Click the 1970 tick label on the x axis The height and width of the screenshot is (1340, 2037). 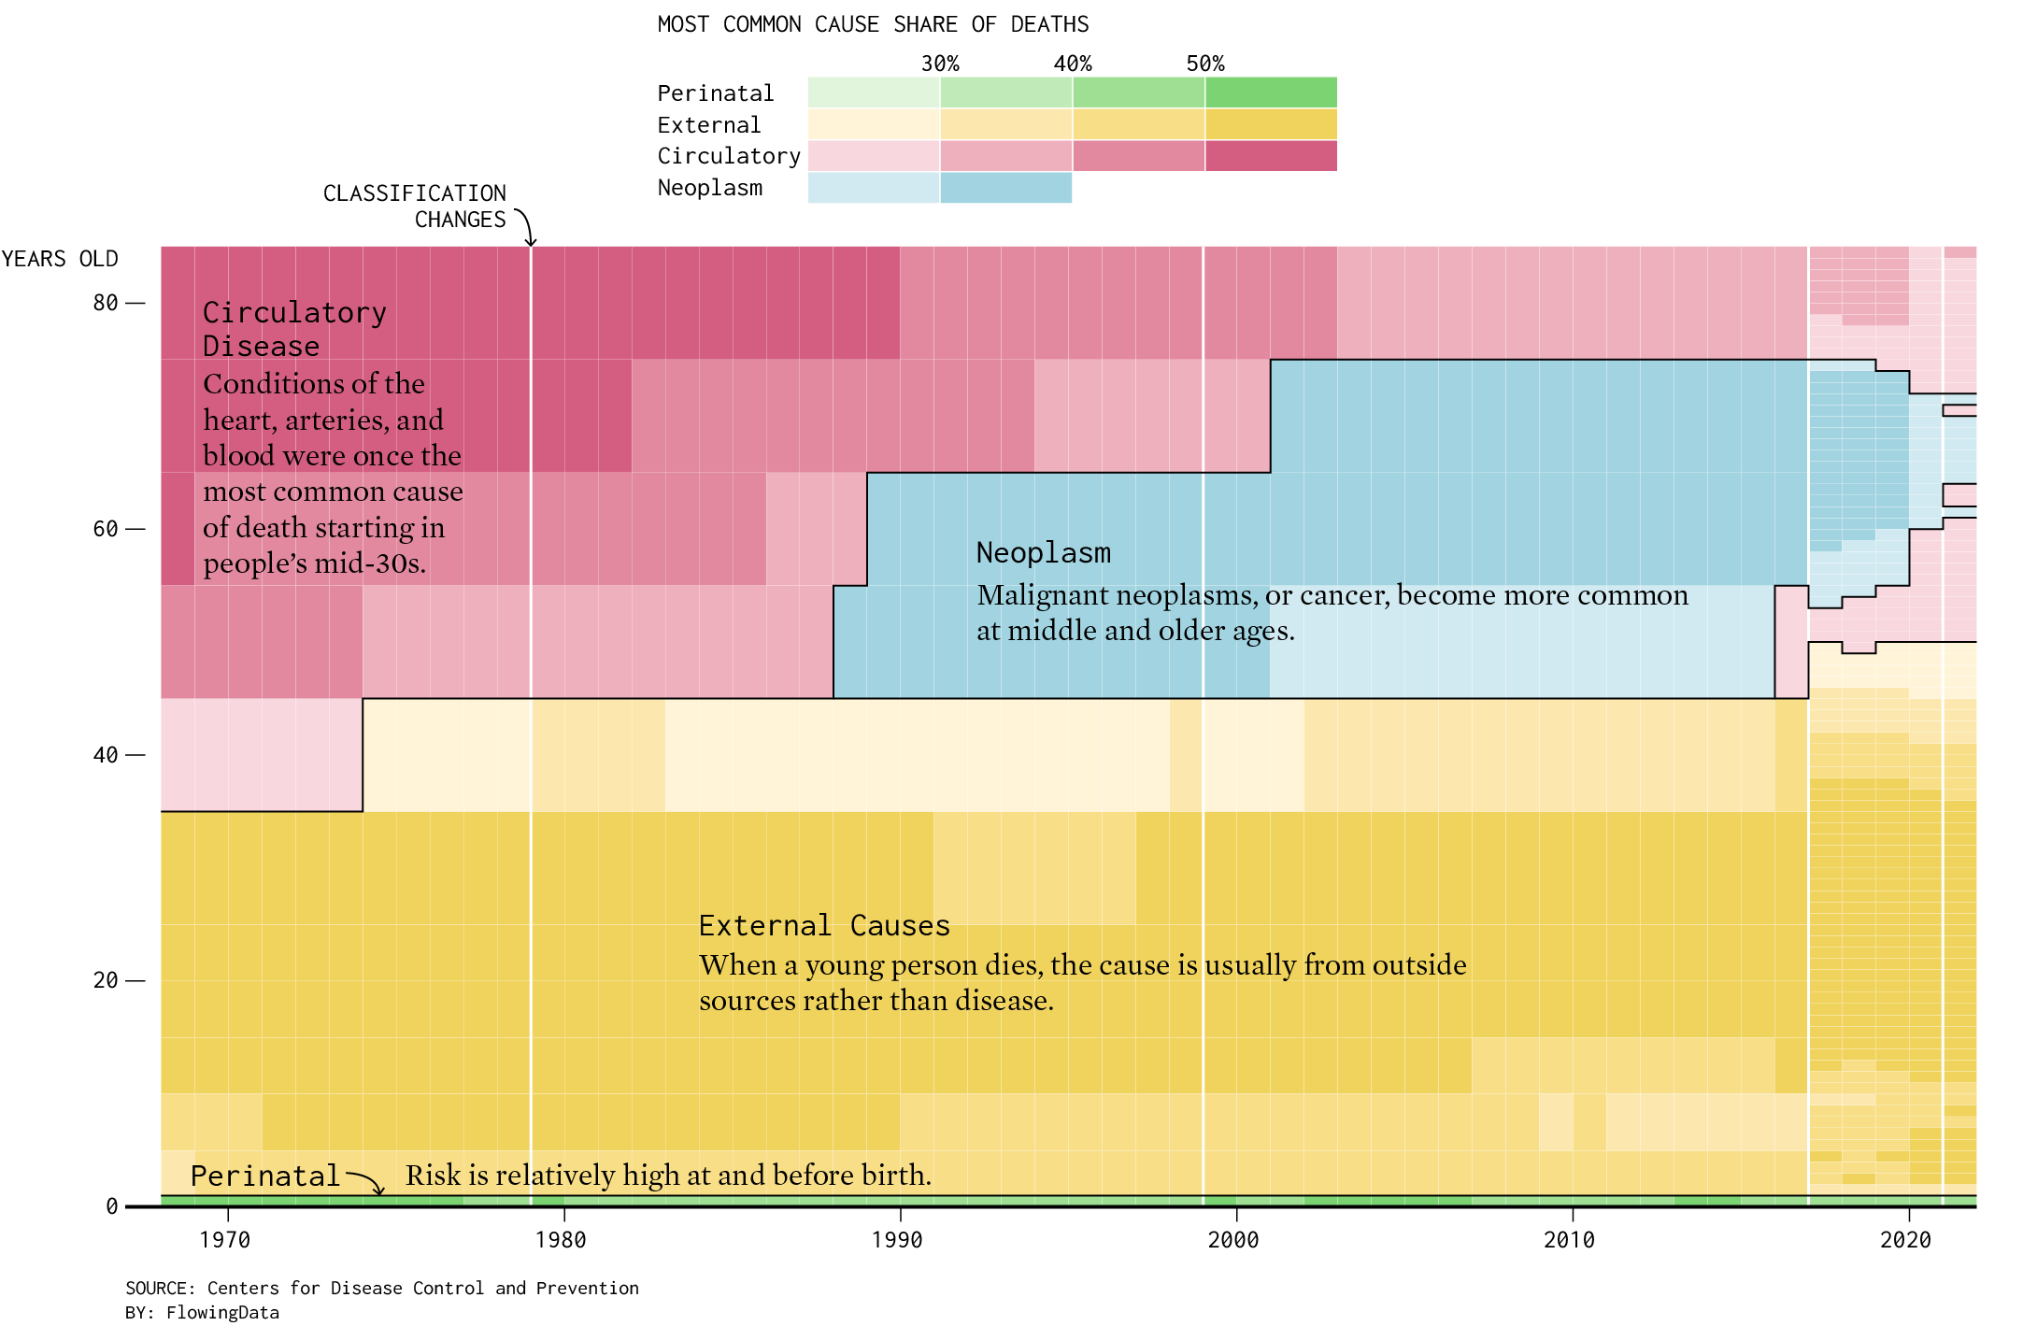coord(225,1240)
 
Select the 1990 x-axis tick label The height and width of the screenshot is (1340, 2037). coord(897,1240)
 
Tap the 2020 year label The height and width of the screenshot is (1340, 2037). coord(1905,1240)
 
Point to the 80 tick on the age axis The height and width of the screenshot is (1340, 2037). coord(106,303)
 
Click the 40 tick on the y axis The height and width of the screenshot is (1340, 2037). coord(106,755)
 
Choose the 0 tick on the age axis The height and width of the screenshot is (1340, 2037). coord(112,1206)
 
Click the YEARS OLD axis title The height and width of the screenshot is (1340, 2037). coord(60,259)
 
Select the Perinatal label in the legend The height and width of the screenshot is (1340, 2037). coord(716,93)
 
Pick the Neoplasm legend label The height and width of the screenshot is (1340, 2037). coord(710,188)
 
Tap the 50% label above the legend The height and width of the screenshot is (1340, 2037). coord(1205,64)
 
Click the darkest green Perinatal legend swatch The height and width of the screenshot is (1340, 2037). coord(1271,93)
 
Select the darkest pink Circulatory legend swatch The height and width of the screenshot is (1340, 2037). coord(1271,156)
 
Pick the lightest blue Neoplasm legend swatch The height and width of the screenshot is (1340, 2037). coord(874,188)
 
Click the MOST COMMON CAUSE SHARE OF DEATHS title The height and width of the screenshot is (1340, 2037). coord(873,24)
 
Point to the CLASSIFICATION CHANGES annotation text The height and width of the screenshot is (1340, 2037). coord(415,207)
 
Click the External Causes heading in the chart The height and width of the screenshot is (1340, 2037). coord(824,925)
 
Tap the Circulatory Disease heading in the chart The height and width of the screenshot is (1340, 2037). coord(294,329)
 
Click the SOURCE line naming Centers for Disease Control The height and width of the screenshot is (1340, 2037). coord(382,1288)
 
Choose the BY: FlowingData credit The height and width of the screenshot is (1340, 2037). coord(202,1312)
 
